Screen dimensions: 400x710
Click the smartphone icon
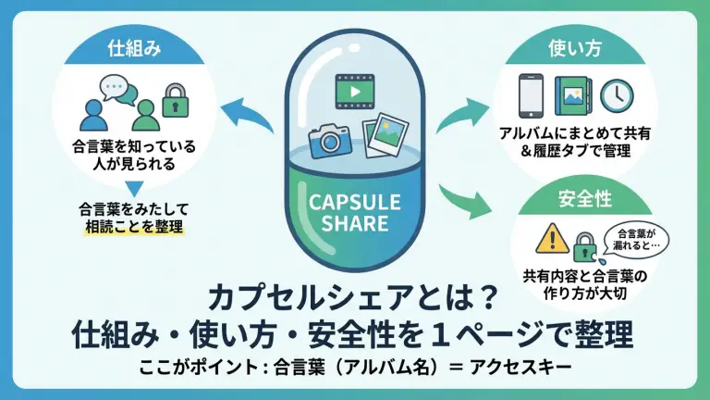coord(530,94)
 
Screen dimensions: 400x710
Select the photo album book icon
coord(574,94)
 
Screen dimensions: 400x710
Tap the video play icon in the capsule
coord(354,90)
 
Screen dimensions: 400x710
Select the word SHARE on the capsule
coord(355,222)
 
